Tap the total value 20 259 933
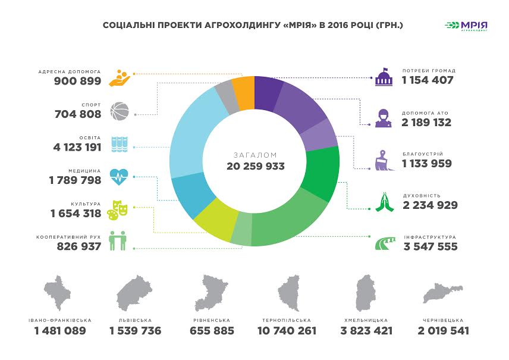coord(255,166)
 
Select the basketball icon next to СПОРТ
coord(119,111)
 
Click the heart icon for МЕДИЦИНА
coord(119,176)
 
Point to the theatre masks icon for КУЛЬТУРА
coord(118,209)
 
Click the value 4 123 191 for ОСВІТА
coord(77,147)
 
